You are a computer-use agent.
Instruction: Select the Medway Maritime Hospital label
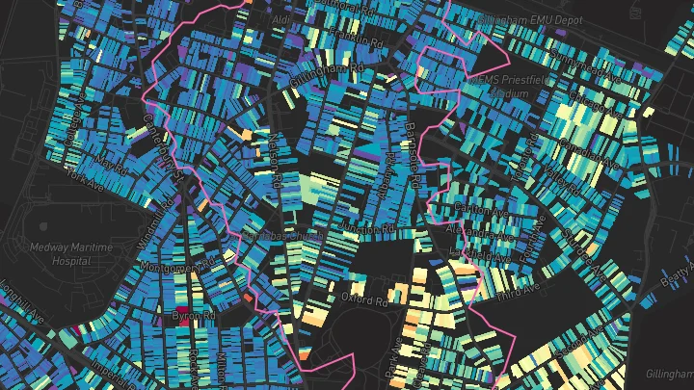70,253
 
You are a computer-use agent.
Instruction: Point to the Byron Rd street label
193,315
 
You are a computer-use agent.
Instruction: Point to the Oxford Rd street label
363,299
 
